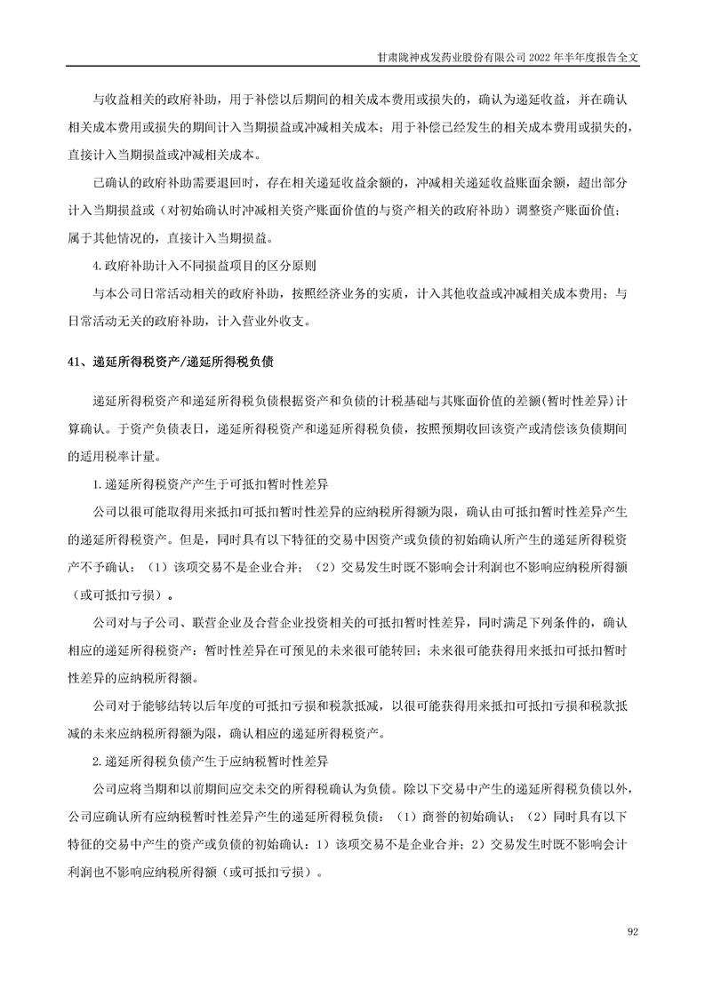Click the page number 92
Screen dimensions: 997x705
(x=633, y=931)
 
